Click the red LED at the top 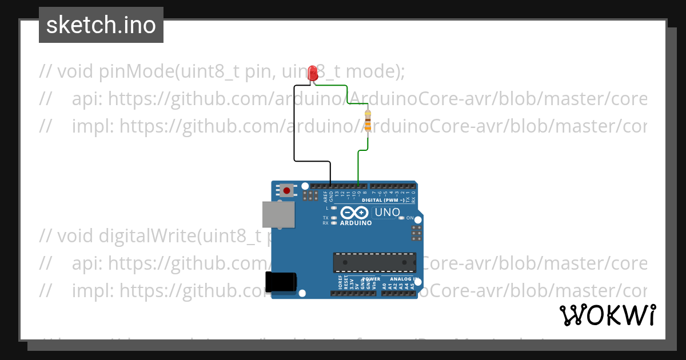point(313,73)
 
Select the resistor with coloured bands point(367,121)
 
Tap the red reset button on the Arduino point(286,190)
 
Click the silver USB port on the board point(278,214)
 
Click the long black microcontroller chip point(374,262)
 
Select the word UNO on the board point(387,213)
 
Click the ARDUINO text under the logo point(356,223)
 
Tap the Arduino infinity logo point(355,213)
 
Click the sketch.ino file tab point(101,25)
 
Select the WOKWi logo point(607,315)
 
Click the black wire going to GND point(294,126)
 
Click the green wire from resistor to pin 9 point(358,166)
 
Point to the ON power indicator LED point(401,218)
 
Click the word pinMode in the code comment point(136,72)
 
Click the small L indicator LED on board point(333,208)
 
